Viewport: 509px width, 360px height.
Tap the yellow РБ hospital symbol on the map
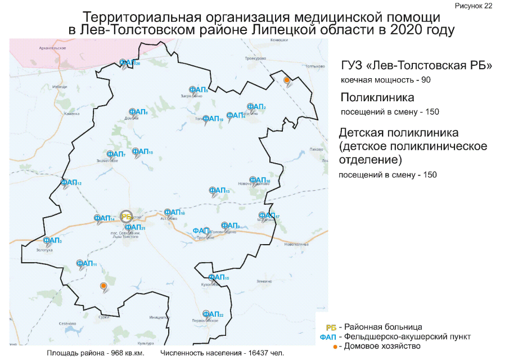(x=127, y=216)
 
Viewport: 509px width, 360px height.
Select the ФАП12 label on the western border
(x=71, y=183)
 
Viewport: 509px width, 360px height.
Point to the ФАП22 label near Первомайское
(x=213, y=314)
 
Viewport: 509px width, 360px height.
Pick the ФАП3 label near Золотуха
(x=52, y=240)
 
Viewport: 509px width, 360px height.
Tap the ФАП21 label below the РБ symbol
(x=136, y=227)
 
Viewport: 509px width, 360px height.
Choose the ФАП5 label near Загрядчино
(x=199, y=89)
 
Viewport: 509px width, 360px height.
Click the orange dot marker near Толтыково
(x=287, y=80)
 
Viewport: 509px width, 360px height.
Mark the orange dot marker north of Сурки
(x=103, y=286)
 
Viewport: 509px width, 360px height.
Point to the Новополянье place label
(x=297, y=244)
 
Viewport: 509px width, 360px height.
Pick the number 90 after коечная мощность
(x=425, y=80)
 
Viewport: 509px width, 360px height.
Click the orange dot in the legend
(x=335, y=346)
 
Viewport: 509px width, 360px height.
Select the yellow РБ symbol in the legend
(x=331, y=327)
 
